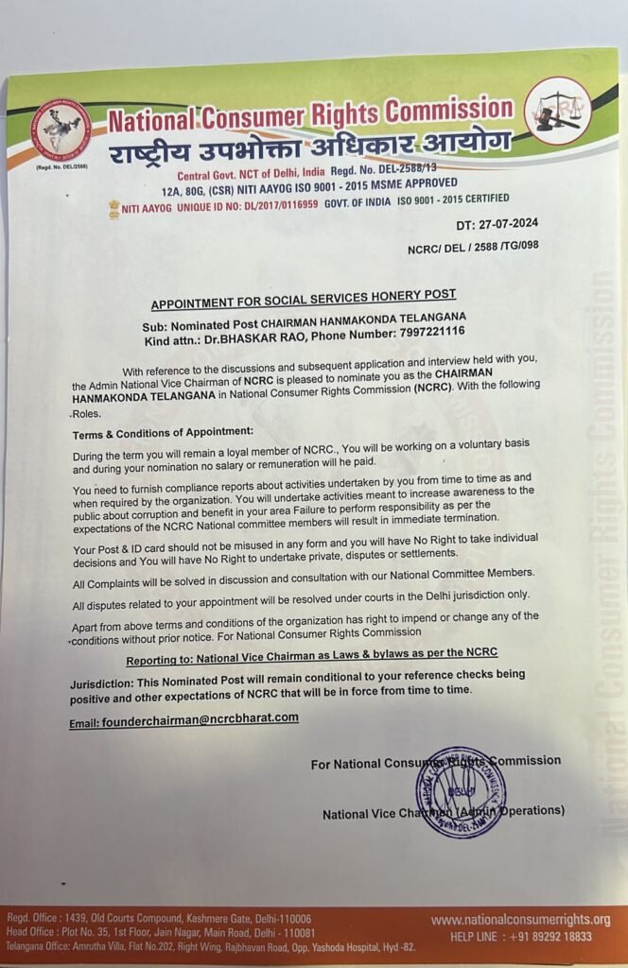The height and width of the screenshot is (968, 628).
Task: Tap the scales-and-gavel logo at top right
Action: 557,112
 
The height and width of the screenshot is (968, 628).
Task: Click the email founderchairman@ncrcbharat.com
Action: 184,718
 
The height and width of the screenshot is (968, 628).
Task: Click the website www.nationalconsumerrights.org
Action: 520,920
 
